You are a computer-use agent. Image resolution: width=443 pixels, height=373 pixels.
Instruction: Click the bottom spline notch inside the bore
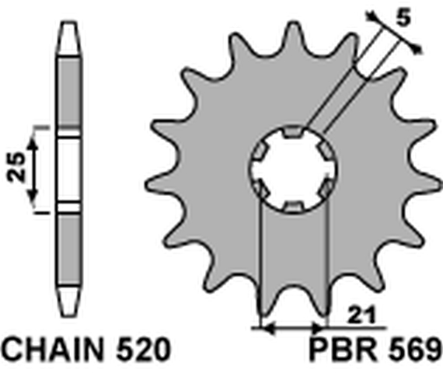click(292, 205)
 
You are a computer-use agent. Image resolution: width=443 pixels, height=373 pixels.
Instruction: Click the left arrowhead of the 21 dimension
click(262, 328)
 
